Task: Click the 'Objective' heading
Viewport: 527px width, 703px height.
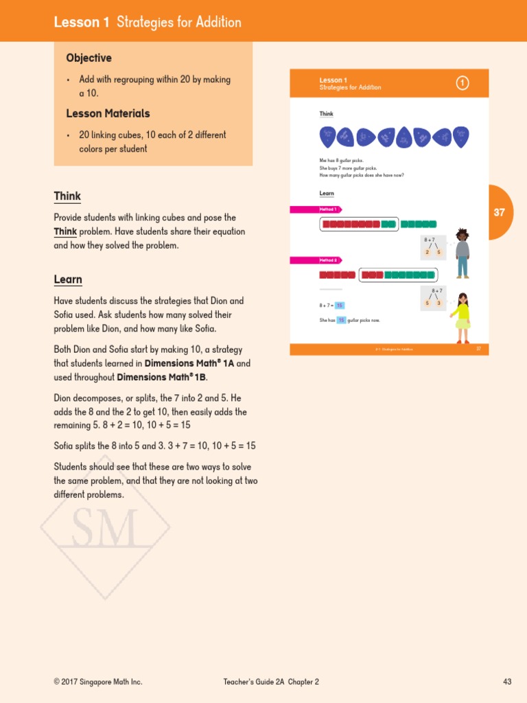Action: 89,58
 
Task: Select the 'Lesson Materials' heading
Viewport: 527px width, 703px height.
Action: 108,113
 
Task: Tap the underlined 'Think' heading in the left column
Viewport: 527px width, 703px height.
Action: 67,196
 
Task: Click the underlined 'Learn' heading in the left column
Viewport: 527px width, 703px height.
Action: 68,279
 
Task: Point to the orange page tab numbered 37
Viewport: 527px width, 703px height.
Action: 500,212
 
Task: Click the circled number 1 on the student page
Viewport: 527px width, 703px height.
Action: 462,83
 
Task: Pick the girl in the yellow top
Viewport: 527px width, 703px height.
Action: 462,318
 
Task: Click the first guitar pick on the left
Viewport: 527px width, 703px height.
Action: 327,137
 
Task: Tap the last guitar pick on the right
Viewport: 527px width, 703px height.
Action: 462,137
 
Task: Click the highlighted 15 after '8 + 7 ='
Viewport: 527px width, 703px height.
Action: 340,306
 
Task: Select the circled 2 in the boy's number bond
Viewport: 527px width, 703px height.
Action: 427,253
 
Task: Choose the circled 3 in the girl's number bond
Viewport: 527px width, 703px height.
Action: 439,303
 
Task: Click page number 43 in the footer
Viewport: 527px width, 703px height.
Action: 507,682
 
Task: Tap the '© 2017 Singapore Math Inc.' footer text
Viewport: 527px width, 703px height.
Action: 98,682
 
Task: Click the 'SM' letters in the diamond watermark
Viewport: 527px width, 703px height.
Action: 104,528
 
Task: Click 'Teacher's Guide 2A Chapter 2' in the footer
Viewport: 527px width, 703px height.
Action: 271,682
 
